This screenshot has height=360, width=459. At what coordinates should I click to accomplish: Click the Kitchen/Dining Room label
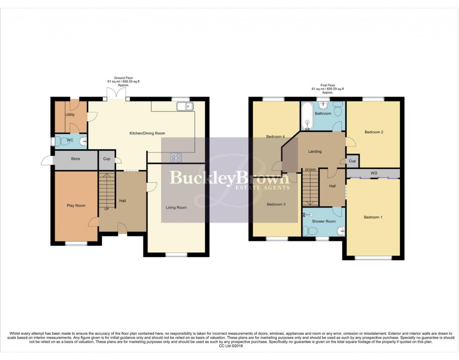147,133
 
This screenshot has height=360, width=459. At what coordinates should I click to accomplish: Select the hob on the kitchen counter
177,158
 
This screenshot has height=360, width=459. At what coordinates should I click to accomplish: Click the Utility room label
70,114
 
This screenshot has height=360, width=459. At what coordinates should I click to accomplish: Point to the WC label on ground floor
70,140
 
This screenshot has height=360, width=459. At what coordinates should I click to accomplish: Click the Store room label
75,159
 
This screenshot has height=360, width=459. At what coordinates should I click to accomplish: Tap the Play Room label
76,206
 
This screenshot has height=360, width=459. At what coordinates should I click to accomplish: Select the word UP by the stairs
107,209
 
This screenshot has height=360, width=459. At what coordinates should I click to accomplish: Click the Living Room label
176,207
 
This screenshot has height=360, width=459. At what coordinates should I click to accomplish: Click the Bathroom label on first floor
323,114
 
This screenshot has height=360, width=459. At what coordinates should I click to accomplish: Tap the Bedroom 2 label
374,132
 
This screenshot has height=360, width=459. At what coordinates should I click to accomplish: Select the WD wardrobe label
374,174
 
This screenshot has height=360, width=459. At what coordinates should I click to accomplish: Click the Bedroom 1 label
373,217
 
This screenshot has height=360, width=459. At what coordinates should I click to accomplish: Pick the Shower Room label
324,221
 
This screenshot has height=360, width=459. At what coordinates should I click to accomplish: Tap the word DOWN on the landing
310,170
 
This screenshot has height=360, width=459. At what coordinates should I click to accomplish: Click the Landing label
314,152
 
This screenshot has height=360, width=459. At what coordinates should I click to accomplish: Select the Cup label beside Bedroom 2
352,161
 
